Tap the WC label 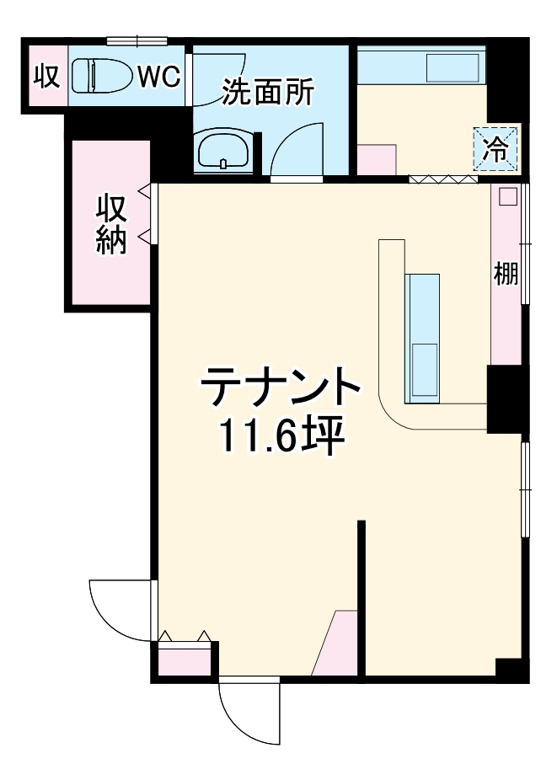pos(159,77)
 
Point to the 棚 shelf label pos(506,274)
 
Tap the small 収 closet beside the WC pos(46,76)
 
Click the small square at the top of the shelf pos(506,196)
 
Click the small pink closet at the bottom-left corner pos(185,659)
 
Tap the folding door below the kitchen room pos(443,179)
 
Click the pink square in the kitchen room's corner pos(376,159)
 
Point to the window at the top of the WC pos(137,40)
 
